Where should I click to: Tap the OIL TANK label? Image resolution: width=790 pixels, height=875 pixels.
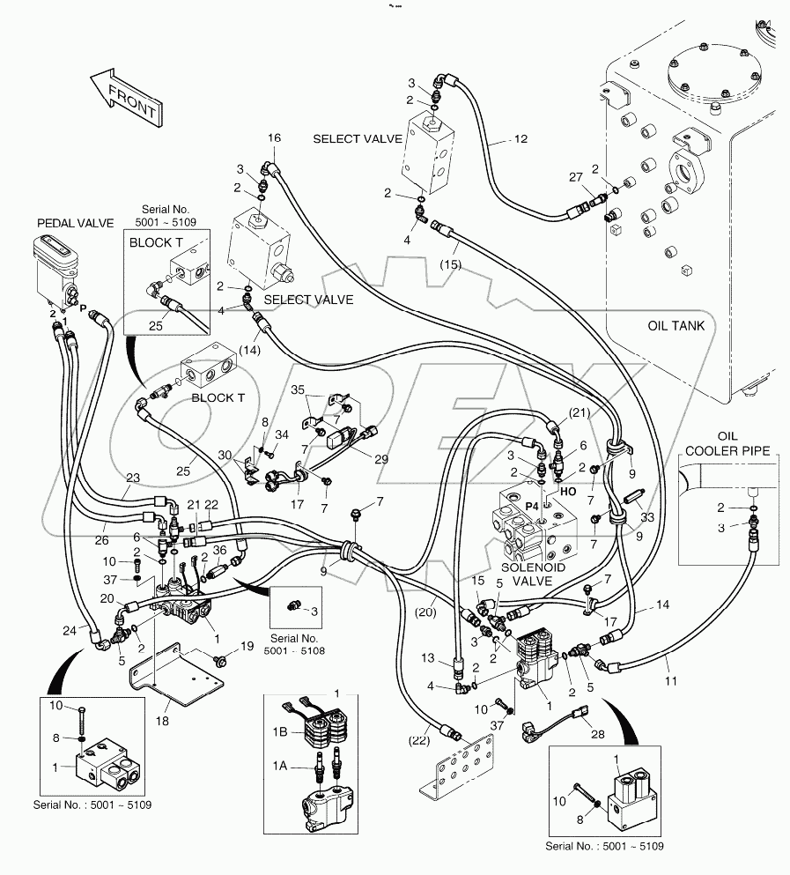point(676,325)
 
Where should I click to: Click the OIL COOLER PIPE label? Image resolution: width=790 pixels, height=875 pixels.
point(730,443)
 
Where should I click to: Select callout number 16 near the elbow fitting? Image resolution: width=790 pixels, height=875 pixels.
point(274,137)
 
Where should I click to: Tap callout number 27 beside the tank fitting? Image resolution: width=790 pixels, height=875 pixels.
point(575,178)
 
